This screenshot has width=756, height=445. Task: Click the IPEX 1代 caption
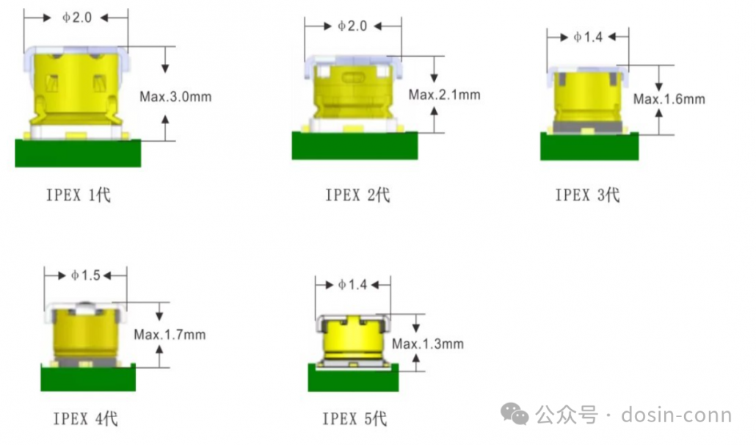[x=78, y=195]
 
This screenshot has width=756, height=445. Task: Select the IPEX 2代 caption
[x=357, y=195]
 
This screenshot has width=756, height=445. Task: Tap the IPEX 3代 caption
[x=587, y=195]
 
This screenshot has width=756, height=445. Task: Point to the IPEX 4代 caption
[x=85, y=419]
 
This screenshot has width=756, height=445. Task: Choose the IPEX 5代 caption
[x=355, y=419]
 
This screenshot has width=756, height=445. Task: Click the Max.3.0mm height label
[x=175, y=97]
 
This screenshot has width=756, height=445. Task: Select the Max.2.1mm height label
[x=444, y=95]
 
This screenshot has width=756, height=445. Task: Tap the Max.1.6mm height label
[x=669, y=99]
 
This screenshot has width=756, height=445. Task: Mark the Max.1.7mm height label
[x=170, y=335]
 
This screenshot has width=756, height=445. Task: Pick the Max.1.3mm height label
[x=428, y=344]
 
